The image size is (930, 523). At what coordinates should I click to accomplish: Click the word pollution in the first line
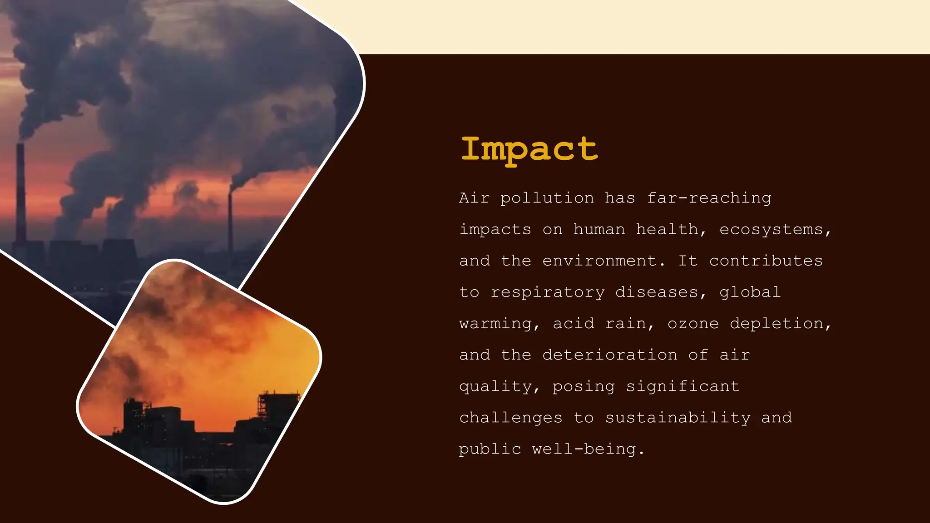[x=547, y=198]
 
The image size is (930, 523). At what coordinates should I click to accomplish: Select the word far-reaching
[x=709, y=198]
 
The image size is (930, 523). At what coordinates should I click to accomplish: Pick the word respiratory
[x=548, y=292]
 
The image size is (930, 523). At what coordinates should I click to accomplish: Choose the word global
[x=750, y=292]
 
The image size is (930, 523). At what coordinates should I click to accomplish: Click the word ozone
[x=693, y=324]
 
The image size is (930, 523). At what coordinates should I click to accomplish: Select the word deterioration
[x=610, y=355]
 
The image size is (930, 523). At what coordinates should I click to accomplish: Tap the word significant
[x=683, y=386]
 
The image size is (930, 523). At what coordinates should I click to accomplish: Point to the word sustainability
[x=678, y=418]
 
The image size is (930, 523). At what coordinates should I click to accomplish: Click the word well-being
[x=588, y=449]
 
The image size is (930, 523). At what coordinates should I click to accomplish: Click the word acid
[x=573, y=324]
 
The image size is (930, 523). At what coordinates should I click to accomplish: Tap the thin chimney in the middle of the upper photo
[x=230, y=218]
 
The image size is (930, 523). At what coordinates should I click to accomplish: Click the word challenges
[x=510, y=418]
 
